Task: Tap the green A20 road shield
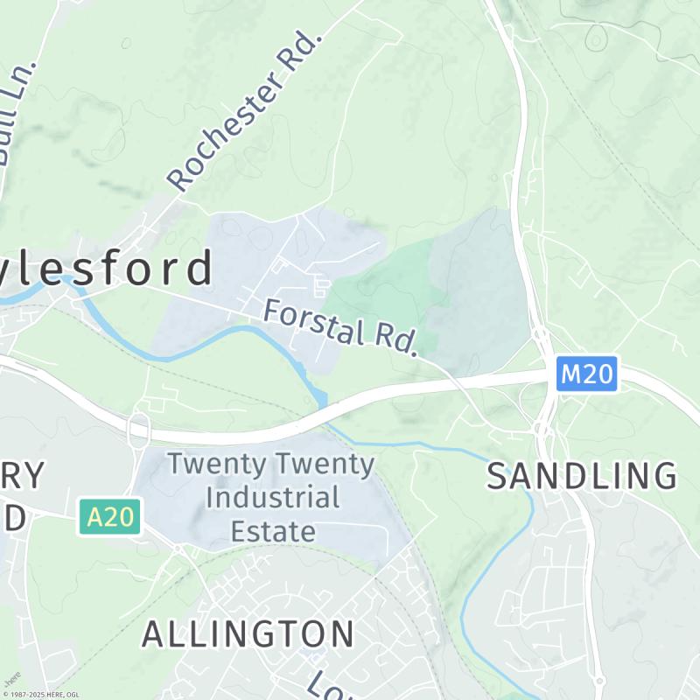110,517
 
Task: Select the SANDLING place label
582,477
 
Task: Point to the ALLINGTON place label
248,633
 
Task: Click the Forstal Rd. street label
339,326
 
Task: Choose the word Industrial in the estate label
272,498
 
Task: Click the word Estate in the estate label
272,530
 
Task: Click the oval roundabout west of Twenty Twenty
138,430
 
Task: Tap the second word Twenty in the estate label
325,464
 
